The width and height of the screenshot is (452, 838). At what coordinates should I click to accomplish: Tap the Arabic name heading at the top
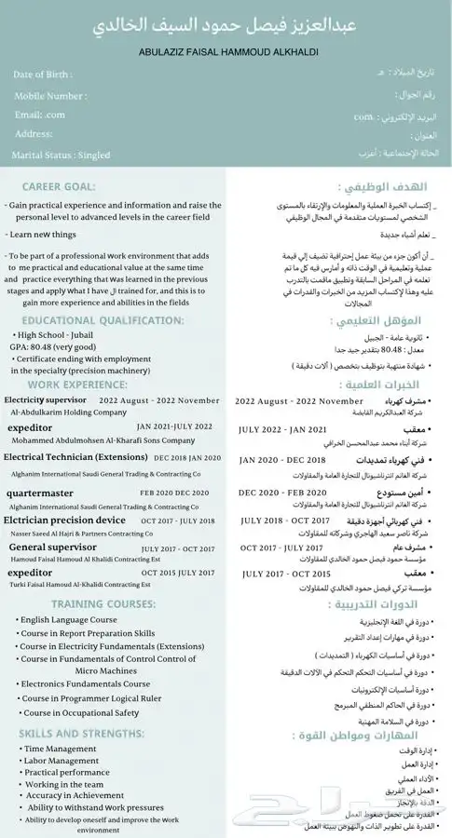226,23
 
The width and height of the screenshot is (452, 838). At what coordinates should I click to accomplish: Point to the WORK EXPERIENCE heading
78,383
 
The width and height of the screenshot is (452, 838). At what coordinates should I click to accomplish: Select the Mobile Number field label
50,95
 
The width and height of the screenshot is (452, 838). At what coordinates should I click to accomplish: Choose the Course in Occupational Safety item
81,712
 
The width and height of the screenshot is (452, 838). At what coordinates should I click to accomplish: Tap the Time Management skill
60,749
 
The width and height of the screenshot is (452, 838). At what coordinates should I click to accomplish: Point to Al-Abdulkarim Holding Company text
68,411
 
